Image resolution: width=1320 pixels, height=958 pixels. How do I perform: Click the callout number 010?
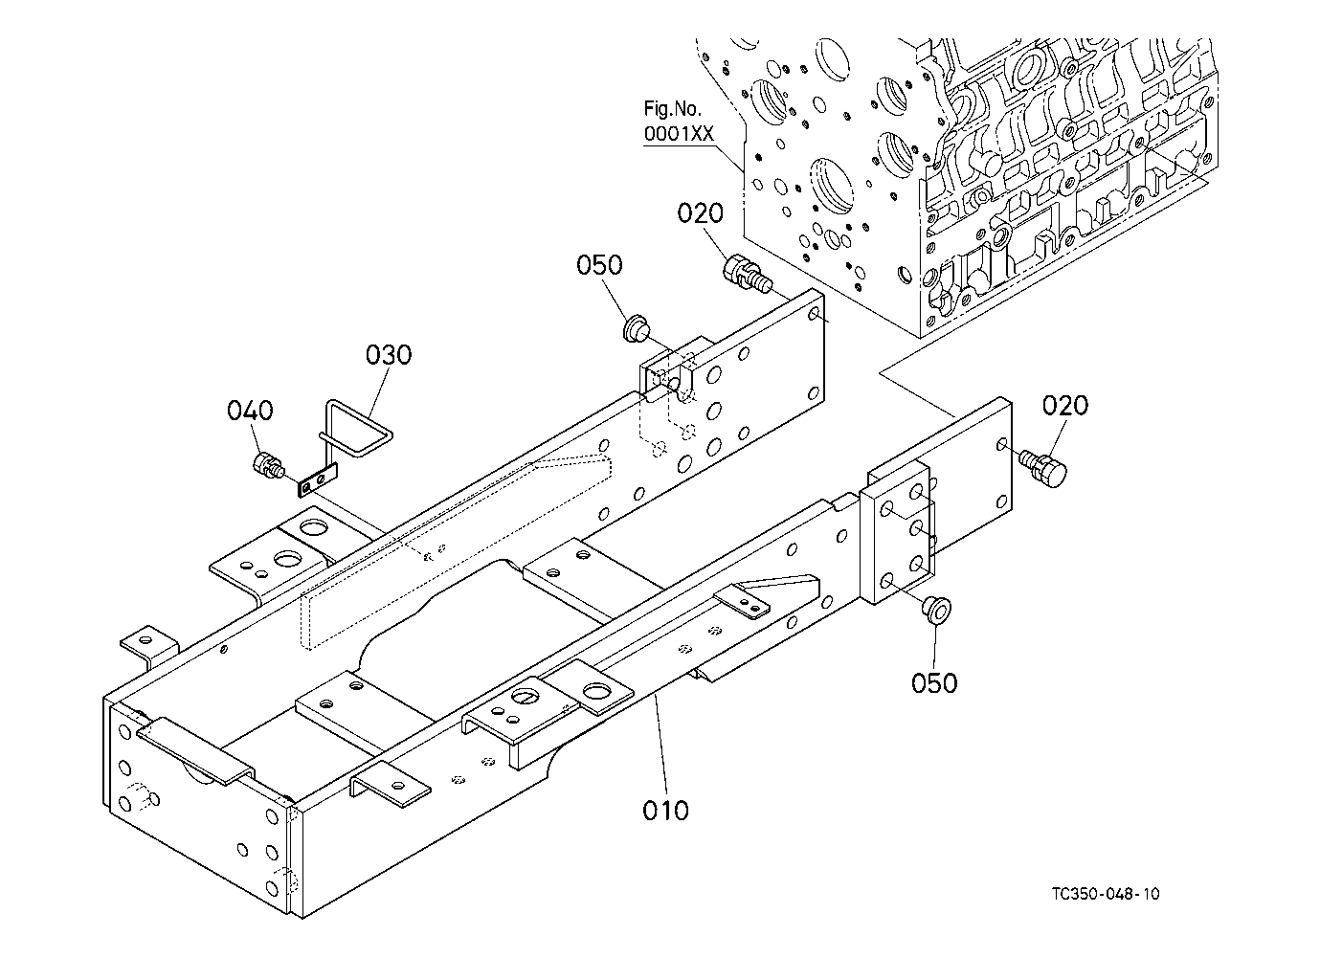665,811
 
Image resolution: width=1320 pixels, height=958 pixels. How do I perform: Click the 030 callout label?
389,355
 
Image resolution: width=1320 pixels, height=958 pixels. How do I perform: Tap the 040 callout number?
250,410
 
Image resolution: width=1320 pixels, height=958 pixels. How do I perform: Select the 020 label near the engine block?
700,213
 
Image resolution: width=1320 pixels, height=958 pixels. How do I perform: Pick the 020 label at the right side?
1065,406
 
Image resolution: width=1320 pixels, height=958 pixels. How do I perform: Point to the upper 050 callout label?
599,265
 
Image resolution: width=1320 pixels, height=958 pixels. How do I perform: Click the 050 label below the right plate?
934,683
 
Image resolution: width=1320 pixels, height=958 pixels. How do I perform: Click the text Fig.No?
672,108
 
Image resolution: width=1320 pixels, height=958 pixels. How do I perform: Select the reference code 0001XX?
679,134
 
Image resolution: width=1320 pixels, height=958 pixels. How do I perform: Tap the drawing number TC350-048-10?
1106,894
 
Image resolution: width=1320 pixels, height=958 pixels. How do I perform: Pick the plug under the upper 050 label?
637,328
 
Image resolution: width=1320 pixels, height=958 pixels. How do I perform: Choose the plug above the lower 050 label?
936,609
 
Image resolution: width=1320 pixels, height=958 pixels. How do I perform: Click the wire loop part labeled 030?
356,429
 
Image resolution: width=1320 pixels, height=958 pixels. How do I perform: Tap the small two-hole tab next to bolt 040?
318,479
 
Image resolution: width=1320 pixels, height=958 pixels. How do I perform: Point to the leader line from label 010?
662,745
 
